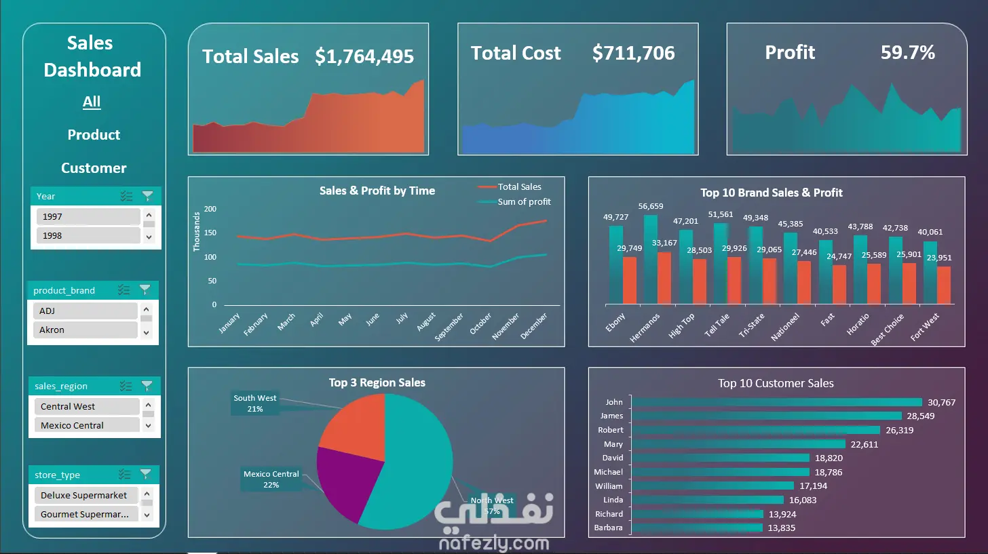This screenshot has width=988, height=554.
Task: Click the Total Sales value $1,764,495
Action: pos(364,56)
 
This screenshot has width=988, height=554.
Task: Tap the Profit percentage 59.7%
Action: pos(908,52)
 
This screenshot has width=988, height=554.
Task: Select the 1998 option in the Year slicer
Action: pos(88,235)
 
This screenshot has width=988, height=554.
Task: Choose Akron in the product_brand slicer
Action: pos(85,330)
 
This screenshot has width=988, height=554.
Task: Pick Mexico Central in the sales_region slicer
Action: pos(87,425)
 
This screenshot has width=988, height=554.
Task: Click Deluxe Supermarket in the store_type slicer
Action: pos(86,495)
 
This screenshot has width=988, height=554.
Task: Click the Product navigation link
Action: pos(94,134)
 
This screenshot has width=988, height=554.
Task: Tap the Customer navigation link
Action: pos(94,168)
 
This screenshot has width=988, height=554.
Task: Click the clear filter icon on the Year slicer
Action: pos(148,196)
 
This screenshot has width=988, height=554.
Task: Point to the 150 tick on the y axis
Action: pos(210,233)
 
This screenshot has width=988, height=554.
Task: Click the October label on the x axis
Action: pos(480,323)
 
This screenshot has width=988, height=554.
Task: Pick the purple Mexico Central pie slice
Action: pos(346,480)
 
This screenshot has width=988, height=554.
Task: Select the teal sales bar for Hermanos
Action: pos(651,260)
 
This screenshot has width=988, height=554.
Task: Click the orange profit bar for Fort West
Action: pos(944,285)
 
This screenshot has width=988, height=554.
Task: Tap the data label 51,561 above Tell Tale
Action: pos(720,214)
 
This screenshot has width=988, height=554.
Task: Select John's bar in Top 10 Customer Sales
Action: pos(777,402)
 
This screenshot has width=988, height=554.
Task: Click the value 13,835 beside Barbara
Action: pos(782,528)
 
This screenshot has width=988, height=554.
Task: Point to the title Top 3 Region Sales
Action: pos(377,382)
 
